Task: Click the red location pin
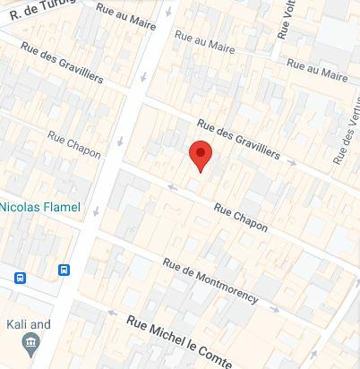tap(201, 156)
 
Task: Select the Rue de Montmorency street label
tap(210, 279)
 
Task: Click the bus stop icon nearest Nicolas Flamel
tap(64, 270)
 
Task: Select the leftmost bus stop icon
tap(20, 278)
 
